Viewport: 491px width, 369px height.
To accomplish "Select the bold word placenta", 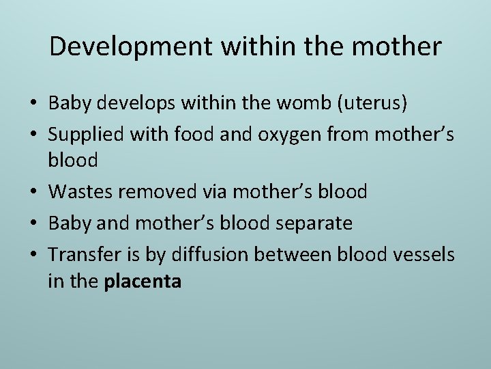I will [x=143, y=282].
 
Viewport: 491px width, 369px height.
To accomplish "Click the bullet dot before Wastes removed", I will [x=33, y=193].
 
